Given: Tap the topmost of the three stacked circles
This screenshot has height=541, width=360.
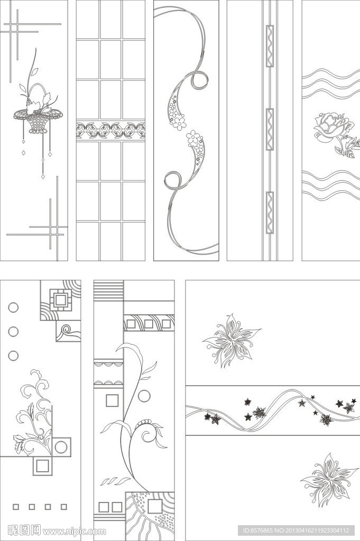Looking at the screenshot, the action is tap(13, 307).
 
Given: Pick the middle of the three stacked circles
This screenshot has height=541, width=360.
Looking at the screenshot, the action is tap(13, 332).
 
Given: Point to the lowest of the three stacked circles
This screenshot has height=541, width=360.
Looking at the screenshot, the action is tap(13, 356).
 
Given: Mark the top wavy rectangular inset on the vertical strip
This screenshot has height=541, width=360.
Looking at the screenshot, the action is tap(270, 46).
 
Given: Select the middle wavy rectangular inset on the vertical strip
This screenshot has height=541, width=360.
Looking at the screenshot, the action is tap(270, 129).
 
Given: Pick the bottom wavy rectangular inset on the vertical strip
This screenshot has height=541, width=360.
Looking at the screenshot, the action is tap(270, 212).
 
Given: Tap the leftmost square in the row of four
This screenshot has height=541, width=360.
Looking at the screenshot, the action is tap(15, 507).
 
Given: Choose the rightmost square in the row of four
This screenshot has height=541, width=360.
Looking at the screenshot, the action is tap(64, 507).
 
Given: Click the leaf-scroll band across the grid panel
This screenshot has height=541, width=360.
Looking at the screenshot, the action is tap(110, 130).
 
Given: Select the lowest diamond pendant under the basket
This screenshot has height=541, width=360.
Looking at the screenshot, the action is tap(43, 176).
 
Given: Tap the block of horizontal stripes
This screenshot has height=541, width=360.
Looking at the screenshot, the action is tap(108, 291).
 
